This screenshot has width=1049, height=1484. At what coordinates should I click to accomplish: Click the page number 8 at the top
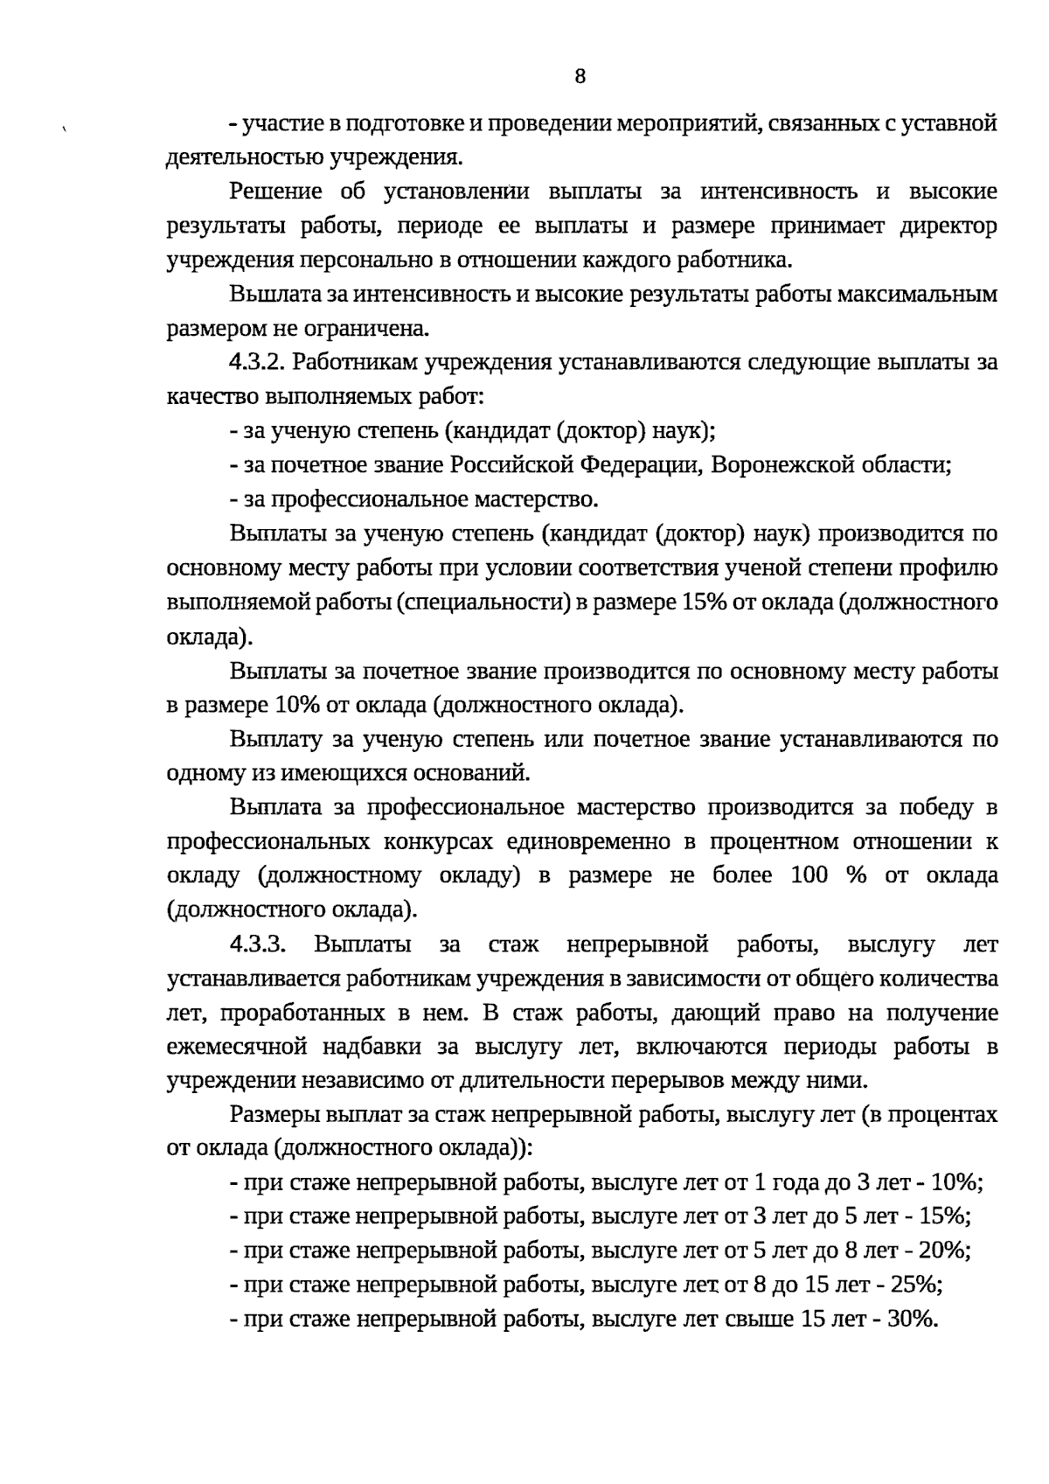[x=580, y=76]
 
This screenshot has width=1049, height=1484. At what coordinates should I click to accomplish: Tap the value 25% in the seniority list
[x=915, y=1286]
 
